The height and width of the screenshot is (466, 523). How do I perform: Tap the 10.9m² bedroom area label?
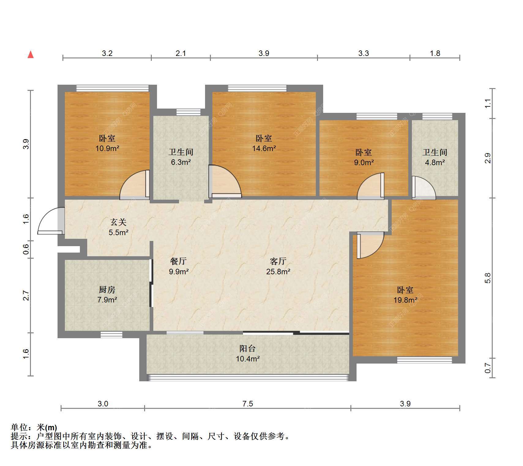click(x=107, y=149)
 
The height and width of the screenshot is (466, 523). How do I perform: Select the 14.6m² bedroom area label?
click(x=264, y=149)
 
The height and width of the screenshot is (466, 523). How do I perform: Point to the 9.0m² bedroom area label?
click(x=364, y=163)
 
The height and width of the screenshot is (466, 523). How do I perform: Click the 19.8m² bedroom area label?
click(x=405, y=300)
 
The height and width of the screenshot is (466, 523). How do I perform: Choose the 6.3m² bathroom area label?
click(x=181, y=162)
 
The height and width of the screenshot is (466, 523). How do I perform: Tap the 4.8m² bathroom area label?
click(x=435, y=163)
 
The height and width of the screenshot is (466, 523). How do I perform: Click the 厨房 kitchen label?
click(x=107, y=290)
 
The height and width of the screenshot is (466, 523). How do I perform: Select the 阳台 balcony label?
click(x=248, y=349)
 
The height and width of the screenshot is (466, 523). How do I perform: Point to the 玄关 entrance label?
click(x=118, y=222)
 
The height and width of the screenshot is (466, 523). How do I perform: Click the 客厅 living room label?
click(x=278, y=261)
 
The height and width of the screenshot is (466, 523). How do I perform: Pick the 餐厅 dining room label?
click(x=178, y=261)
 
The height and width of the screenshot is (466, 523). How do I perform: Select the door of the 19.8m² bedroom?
click(x=370, y=245)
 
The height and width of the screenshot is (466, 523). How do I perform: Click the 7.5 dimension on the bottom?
click(x=248, y=404)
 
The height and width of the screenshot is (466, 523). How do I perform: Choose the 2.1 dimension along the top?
click(x=181, y=54)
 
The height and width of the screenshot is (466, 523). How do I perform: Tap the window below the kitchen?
click(x=111, y=335)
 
